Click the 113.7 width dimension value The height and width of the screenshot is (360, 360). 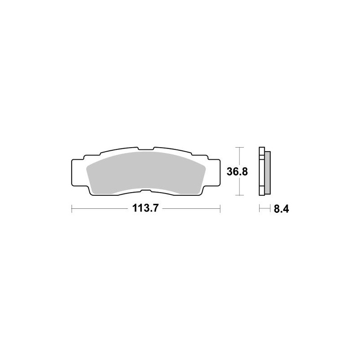(x=145, y=209)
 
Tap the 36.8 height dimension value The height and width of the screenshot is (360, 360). (x=238, y=171)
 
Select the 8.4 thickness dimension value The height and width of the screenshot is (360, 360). (x=280, y=209)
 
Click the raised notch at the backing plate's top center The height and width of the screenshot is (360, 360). (x=145, y=148)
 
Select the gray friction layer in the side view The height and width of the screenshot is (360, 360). (x=267, y=172)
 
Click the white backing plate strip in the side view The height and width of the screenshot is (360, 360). (x=261, y=172)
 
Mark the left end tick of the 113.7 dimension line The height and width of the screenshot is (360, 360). (x=72, y=208)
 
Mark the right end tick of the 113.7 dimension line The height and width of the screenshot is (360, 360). (x=220, y=208)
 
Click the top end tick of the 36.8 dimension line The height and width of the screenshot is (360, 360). (x=240, y=147)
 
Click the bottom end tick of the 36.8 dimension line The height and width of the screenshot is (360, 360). (x=240, y=195)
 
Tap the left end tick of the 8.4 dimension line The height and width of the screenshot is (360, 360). (x=259, y=208)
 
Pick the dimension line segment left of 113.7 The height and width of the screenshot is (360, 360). (x=101, y=208)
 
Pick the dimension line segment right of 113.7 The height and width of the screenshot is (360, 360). (x=191, y=208)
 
